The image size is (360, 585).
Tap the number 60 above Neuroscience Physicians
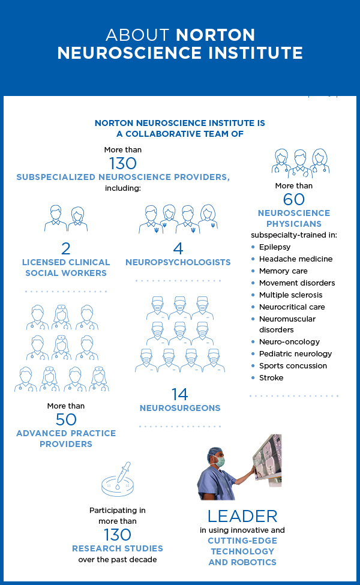pyautogui.click(x=294, y=199)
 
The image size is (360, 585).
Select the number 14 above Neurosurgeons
pyautogui.click(x=179, y=394)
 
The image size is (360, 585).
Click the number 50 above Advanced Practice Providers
pyautogui.click(x=66, y=419)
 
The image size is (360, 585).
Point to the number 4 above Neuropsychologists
pyautogui.click(x=178, y=248)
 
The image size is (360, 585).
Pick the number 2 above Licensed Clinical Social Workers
pyautogui.click(x=66, y=248)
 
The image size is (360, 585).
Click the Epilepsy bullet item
pyautogui.click(x=275, y=247)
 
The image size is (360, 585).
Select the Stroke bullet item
pyautogui.click(x=271, y=377)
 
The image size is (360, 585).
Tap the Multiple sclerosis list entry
pyautogui.click(x=290, y=295)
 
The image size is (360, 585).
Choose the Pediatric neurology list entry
pyautogui.click(x=295, y=353)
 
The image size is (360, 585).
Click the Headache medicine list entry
pyautogui.click(x=296, y=259)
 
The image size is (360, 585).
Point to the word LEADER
pyautogui.click(x=242, y=516)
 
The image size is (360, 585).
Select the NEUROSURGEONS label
pyautogui.click(x=180, y=408)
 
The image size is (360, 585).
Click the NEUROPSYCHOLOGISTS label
pyautogui.click(x=178, y=262)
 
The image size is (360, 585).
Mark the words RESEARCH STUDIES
pyautogui.click(x=118, y=548)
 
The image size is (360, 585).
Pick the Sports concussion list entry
pyautogui.click(x=293, y=365)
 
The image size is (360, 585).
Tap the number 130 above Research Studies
pyautogui.click(x=118, y=535)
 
